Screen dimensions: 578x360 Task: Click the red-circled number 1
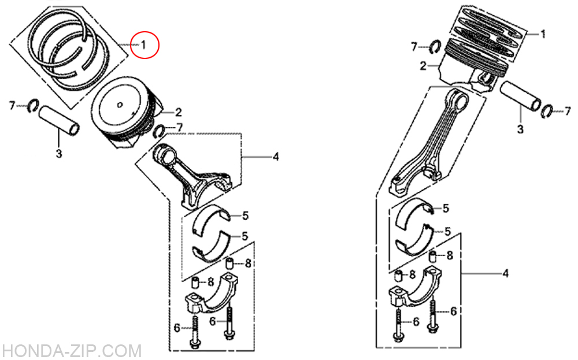point(143,44)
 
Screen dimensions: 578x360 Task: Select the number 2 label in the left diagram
point(179,112)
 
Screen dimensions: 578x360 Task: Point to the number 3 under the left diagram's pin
point(59,153)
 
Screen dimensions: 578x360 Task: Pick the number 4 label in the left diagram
point(276,157)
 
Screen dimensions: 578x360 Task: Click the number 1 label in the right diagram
point(543,34)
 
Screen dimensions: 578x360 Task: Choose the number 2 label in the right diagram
point(423,66)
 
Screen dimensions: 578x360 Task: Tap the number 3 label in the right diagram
point(520,129)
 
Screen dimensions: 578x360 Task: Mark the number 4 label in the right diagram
point(506,273)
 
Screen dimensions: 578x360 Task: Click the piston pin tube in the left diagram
point(59,121)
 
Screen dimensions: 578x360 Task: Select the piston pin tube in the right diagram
point(521,96)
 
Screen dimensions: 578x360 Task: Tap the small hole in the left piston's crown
point(120,105)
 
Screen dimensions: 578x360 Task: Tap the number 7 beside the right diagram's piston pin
point(568,111)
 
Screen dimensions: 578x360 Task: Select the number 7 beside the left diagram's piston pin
point(12,106)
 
